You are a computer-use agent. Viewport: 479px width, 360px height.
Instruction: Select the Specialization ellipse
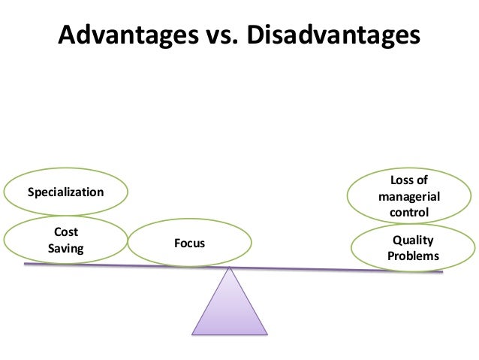pos(65,192)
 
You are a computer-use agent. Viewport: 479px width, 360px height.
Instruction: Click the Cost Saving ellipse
pos(66,241)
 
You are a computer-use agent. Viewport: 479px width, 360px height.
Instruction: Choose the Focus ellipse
pos(189,243)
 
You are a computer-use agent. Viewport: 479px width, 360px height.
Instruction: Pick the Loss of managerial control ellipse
pos(410,196)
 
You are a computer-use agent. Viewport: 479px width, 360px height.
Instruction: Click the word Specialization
pos(65,192)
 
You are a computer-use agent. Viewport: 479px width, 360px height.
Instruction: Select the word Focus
pos(189,243)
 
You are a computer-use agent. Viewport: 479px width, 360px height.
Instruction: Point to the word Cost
pos(66,232)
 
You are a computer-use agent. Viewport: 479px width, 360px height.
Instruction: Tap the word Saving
pos(66,248)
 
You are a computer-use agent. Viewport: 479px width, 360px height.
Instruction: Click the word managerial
pos(410,197)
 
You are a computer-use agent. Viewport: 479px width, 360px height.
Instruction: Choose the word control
pos(410,213)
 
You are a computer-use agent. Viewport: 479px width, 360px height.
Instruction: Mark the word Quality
pos(413,241)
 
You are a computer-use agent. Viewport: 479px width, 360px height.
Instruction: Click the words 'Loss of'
pos(410,181)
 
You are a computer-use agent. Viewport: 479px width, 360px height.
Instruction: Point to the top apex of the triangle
pos(230,269)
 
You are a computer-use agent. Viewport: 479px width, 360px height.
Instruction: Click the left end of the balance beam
pos(26,264)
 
